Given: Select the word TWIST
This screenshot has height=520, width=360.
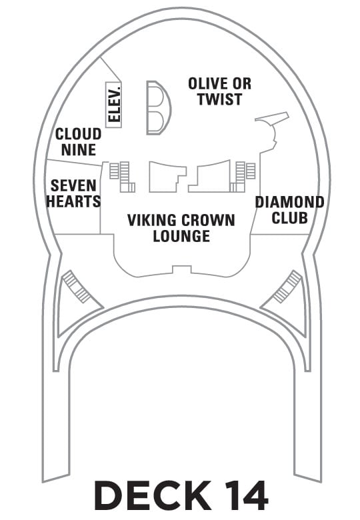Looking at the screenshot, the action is (220, 99).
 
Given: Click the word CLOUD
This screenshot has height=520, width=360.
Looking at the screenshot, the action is (78, 134).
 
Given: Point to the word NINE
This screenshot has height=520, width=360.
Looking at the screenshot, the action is (79, 149).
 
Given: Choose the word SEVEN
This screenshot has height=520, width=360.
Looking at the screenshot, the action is (73, 186).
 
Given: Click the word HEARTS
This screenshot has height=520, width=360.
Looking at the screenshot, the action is (73, 201).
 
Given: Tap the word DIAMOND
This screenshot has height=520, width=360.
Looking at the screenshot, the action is (290, 202).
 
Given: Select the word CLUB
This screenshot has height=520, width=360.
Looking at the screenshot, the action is (290, 218).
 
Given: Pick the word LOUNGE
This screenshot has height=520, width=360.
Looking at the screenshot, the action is (181, 236).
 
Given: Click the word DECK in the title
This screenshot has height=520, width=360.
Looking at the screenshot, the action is (153, 496).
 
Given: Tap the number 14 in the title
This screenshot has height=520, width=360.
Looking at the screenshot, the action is (247, 496).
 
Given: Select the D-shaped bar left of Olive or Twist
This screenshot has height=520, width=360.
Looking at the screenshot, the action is (159, 108).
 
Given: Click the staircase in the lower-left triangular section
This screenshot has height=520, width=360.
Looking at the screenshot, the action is (77, 287).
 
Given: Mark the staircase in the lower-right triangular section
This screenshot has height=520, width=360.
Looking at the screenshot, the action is (287, 287).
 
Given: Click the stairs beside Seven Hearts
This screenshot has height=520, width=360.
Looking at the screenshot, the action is (121, 177).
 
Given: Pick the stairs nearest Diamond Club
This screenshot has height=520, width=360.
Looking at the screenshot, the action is (243, 177).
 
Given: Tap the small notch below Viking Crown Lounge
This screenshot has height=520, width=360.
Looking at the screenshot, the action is (181, 269).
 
